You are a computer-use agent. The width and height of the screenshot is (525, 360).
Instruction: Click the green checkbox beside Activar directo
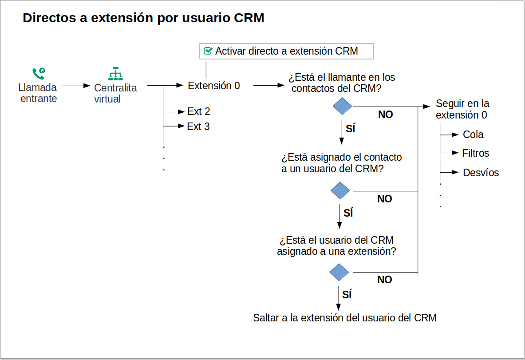click(208, 51)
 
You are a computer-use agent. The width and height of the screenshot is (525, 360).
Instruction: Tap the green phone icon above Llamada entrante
click(39, 73)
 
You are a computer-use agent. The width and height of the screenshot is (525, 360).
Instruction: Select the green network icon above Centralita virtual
click(115, 73)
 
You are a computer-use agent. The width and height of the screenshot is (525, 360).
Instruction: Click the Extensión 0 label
click(213, 86)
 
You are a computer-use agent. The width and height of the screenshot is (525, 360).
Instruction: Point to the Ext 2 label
click(198, 111)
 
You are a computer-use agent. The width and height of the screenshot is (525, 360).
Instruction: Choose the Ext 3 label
click(198, 127)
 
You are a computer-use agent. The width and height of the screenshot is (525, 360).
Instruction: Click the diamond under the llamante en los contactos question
click(342, 107)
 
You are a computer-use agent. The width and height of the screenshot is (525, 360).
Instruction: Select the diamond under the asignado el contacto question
click(340, 190)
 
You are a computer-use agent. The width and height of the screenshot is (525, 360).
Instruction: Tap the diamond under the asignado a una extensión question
click(339, 272)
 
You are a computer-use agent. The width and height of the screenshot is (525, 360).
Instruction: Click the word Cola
click(473, 135)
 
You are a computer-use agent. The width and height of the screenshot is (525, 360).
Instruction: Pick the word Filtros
click(475, 153)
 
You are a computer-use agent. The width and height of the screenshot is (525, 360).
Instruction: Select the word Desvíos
click(481, 173)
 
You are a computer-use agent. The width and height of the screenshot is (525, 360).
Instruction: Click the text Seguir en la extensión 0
click(462, 109)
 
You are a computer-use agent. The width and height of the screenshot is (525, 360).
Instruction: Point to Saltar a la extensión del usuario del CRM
click(344, 318)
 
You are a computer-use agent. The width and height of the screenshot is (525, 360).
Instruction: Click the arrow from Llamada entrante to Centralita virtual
click(76, 86)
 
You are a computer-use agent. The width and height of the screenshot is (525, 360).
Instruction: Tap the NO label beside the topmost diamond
click(385, 115)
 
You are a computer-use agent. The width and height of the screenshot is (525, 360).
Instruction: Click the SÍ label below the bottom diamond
click(347, 294)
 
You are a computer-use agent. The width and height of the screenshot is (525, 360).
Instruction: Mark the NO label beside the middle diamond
click(384, 199)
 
